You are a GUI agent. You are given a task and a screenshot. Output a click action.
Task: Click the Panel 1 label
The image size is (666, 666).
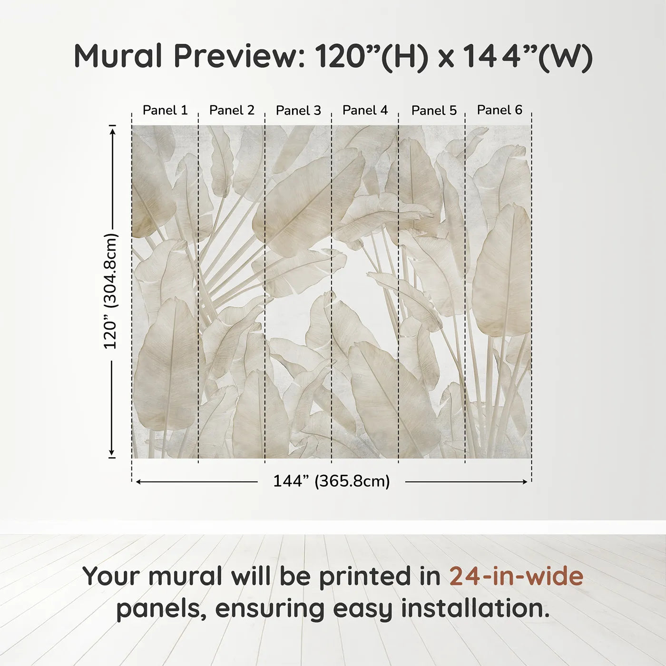pyautogui.click(x=165, y=110)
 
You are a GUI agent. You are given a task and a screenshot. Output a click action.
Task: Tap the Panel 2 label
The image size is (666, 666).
pyautogui.click(x=232, y=110)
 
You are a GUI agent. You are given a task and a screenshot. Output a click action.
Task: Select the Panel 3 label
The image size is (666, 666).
pyautogui.click(x=298, y=110)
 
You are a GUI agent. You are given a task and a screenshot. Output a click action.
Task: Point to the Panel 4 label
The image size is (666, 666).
pyautogui.click(x=365, y=110)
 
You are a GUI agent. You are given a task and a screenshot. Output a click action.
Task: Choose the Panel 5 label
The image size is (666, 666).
pyautogui.click(x=434, y=110)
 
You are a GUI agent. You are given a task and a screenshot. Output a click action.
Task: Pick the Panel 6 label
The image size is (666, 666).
pyautogui.click(x=499, y=110)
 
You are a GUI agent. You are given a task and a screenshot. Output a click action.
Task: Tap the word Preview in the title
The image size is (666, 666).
pyautogui.click(x=239, y=56)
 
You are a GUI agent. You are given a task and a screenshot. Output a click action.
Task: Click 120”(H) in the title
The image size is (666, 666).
pyautogui.click(x=371, y=56)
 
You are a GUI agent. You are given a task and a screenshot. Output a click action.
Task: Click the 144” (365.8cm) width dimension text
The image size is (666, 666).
pyautogui.click(x=331, y=481)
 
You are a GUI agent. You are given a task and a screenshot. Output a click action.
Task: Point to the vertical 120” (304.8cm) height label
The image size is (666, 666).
pyautogui.click(x=110, y=291)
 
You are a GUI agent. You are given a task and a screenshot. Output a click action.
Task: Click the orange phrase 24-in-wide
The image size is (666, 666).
pyautogui.click(x=516, y=576)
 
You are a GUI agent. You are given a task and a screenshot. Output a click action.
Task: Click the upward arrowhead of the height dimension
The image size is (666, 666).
pyautogui.click(x=113, y=130)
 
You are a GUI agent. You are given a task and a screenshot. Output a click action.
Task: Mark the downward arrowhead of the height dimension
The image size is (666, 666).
pyautogui.click(x=112, y=453)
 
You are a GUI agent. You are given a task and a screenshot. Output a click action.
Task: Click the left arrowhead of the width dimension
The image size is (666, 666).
pyautogui.click(x=138, y=482)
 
